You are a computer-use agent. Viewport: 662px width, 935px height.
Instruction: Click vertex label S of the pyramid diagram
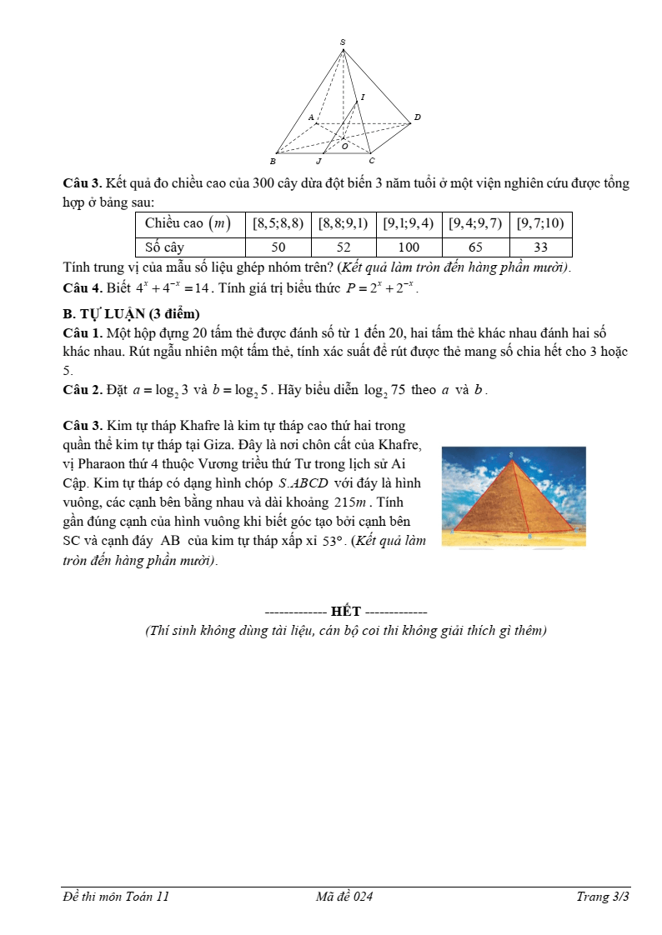(343, 42)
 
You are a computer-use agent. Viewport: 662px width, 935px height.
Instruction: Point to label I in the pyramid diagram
(363, 97)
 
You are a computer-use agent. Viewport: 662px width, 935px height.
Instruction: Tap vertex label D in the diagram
(417, 117)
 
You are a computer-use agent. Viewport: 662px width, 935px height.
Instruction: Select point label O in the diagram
(345, 146)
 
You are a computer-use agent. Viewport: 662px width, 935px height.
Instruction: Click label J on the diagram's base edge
(318, 161)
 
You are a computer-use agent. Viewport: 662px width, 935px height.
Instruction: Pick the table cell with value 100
(409, 247)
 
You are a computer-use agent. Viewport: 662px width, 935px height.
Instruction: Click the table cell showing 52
(344, 247)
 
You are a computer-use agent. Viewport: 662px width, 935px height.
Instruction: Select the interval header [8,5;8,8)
(278, 223)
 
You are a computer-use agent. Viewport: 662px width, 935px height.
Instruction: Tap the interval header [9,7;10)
(540, 223)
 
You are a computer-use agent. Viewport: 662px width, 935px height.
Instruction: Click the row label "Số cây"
(164, 247)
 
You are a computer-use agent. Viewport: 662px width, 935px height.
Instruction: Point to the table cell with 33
(540, 247)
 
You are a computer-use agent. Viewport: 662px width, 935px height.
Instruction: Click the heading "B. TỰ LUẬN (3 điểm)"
(131, 313)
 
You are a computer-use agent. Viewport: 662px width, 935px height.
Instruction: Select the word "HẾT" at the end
(346, 612)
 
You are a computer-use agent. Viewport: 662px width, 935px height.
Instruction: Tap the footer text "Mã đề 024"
(344, 897)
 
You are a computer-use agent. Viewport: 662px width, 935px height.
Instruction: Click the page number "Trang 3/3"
(602, 897)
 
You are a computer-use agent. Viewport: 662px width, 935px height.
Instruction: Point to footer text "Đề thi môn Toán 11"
(116, 897)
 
